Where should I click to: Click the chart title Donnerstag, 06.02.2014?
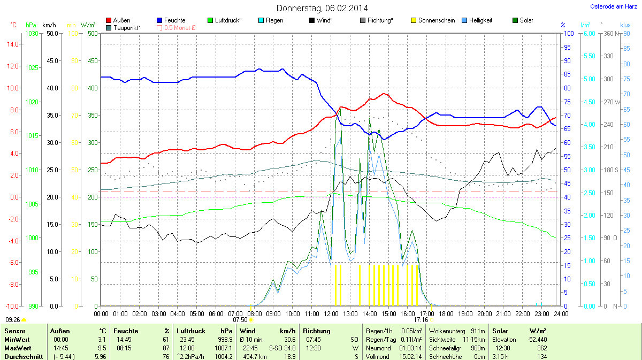coord(322,8)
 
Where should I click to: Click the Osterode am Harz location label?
coord(610,6)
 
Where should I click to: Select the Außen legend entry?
coord(121,20)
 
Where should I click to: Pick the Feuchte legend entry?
coord(174,20)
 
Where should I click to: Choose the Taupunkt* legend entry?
coord(127,27)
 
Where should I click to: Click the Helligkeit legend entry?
coord(480,20)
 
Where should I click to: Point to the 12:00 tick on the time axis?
coord(331,313)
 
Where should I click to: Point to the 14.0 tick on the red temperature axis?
coord(11,44)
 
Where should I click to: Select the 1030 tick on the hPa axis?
coord(32,34)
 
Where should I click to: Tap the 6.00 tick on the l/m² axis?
coord(588,34)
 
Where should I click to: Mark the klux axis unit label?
coord(625,25)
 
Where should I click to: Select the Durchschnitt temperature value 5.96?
coord(100,356)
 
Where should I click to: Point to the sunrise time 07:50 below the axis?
coord(240,320)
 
